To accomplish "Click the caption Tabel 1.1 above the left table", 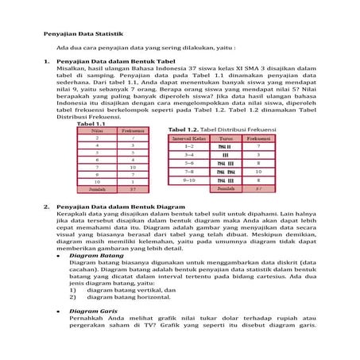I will [92, 125].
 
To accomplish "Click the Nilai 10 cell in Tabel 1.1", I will [97, 181].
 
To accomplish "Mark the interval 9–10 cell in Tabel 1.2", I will [188, 180].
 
